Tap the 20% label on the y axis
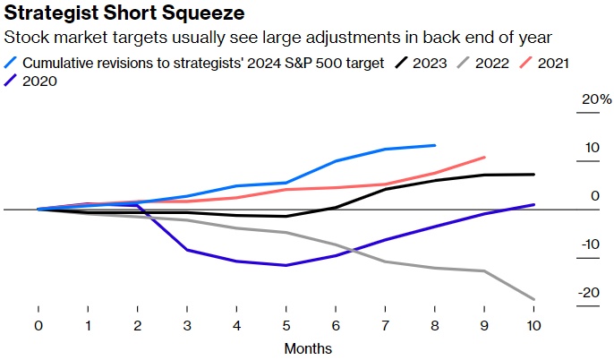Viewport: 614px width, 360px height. (593, 99)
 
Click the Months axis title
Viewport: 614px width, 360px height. (308, 348)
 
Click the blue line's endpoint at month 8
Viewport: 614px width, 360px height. (435, 145)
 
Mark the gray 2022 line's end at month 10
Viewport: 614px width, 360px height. (534, 299)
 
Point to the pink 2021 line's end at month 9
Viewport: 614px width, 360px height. (484, 157)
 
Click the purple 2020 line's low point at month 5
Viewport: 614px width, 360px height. (286, 265)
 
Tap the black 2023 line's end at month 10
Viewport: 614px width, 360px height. (534, 175)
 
